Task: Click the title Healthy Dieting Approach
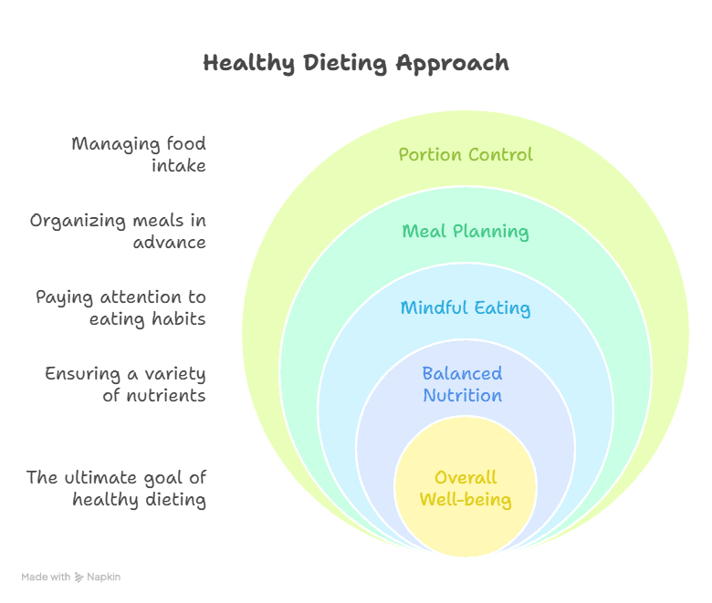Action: [356, 64]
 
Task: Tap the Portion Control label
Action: [466, 154]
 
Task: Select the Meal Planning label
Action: [466, 231]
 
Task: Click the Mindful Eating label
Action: [466, 307]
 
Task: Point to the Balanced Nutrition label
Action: [462, 384]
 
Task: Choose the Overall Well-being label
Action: [466, 488]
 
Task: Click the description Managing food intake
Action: [139, 154]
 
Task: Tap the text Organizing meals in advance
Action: [118, 231]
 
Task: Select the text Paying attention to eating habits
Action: [120, 307]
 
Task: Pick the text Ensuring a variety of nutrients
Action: [126, 384]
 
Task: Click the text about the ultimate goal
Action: [116, 488]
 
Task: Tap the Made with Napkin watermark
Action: [71, 577]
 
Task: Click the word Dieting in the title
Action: [345, 64]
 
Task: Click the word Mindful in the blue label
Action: [431, 307]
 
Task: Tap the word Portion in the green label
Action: [429, 154]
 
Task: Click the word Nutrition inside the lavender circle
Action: [462, 395]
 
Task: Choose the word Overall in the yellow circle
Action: [466, 477]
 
